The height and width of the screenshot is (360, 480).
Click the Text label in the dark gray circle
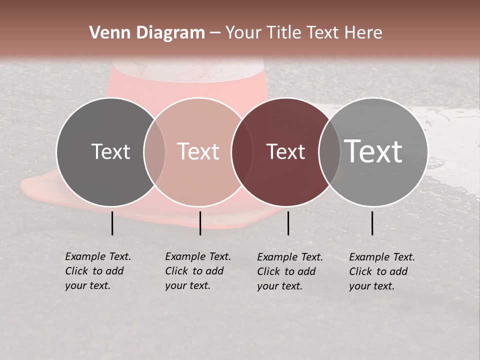[110, 151]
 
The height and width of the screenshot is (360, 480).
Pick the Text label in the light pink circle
[198, 151]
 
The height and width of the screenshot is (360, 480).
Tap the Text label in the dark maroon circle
[285, 151]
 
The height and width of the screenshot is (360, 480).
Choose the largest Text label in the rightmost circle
[373, 151]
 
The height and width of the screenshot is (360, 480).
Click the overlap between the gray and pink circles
[154, 152]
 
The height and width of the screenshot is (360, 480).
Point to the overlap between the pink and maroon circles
[242, 152]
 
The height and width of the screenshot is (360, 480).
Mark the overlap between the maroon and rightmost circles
[329, 152]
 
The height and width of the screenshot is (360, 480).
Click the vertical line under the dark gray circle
[112, 223]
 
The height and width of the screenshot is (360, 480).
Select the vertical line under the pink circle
[200, 223]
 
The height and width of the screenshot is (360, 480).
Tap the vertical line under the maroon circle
[288, 223]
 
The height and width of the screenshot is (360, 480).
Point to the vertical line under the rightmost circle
[372, 223]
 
